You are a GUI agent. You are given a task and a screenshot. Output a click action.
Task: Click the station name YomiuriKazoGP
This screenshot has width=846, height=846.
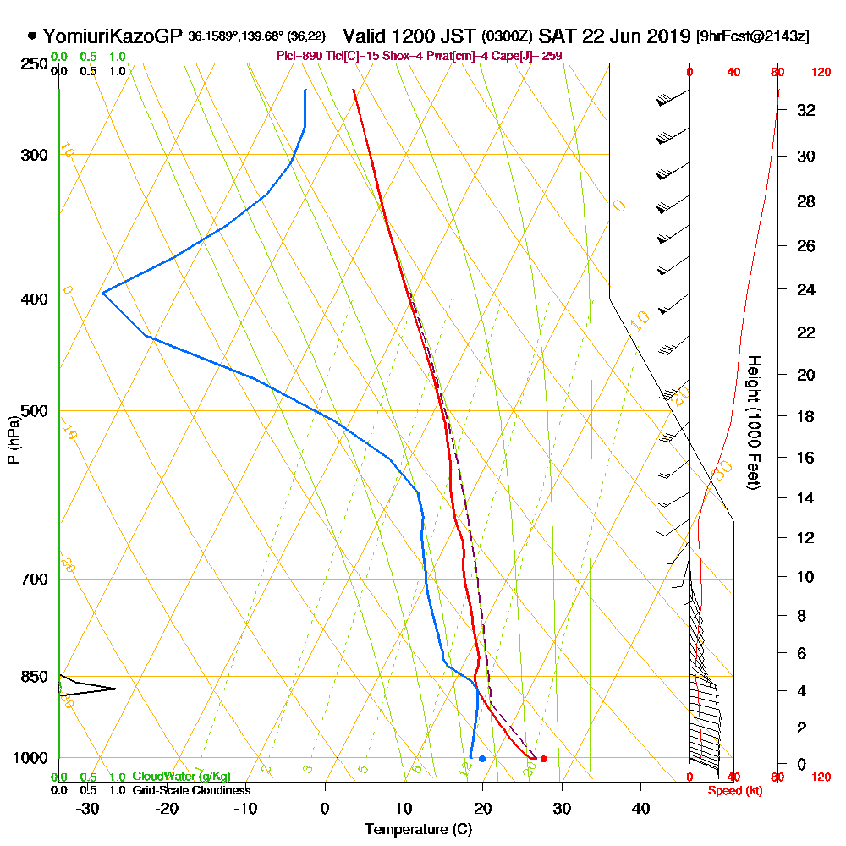[x=113, y=36]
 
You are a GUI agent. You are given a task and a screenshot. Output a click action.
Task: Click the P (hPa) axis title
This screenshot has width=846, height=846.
[x=13, y=440]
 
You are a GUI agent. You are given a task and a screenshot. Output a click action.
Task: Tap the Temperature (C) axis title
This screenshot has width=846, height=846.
[x=418, y=829]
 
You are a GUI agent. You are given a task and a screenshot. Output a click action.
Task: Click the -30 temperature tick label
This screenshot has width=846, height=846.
[x=88, y=807]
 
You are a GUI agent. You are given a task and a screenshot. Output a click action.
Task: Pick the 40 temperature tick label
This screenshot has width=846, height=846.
[x=641, y=807]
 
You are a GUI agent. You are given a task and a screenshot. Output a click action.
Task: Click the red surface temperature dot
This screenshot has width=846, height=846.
[x=543, y=759]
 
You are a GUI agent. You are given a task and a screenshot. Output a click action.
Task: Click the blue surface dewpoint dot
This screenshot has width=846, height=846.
[x=482, y=759]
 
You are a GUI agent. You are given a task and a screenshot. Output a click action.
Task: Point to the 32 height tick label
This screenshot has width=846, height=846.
[x=806, y=110]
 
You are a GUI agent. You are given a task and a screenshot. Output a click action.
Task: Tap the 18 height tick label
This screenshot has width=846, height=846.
[x=806, y=416]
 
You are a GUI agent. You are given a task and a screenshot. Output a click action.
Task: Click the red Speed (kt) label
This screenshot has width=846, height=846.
[x=728, y=791]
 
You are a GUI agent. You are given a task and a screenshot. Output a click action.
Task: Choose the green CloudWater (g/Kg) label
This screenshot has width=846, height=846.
[x=181, y=777]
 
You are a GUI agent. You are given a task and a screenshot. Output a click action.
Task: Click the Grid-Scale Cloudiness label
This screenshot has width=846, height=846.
[x=190, y=790]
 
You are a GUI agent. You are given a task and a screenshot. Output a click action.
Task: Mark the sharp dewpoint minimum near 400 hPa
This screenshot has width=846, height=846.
[x=102, y=293]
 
